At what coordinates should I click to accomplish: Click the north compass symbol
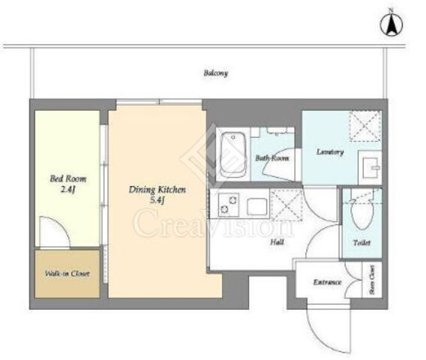pos(392,23)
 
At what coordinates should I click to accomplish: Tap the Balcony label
pos(215,73)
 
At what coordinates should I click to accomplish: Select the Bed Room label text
pos(68,179)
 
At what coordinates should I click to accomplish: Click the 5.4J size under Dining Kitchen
pos(157,201)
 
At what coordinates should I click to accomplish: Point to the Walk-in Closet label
pos(67,273)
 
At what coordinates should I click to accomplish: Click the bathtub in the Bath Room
pos(233,155)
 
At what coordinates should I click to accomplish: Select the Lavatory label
pos(330,152)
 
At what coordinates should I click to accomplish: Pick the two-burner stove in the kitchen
pos(229,205)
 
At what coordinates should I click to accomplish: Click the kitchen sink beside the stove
pos(256,207)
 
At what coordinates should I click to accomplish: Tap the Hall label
pos(277,242)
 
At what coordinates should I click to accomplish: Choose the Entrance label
pos(327,282)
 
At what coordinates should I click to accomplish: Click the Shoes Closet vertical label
pos(372,280)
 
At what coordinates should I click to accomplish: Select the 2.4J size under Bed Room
pos(68,189)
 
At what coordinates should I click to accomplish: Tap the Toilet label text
pos(362,243)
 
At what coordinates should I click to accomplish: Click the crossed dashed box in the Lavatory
pos(365,126)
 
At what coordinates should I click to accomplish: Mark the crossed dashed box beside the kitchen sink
pos(287,205)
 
